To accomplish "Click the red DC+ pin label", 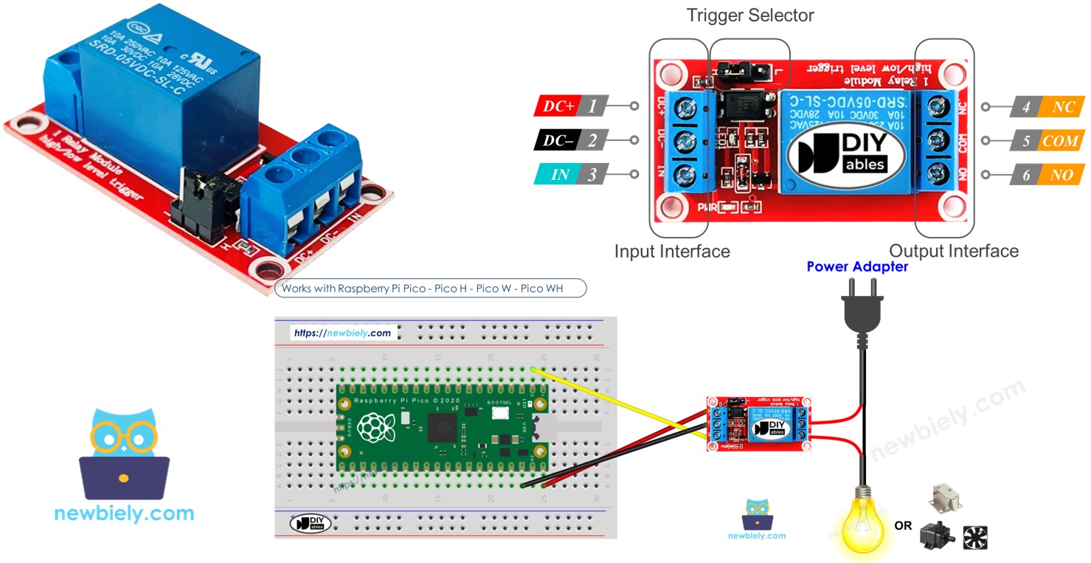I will (558, 106).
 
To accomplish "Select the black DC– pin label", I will (558, 140).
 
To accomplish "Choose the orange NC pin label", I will (1061, 107).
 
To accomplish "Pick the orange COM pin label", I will (1060, 141).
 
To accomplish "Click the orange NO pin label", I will (1061, 176).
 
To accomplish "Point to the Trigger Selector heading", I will (749, 15).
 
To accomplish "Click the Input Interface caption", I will (672, 252).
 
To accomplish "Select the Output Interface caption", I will (953, 252).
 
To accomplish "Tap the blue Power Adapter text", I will (857, 267).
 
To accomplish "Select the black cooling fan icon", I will (975, 537).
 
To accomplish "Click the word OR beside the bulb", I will (903, 526).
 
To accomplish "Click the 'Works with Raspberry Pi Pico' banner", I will (430, 289).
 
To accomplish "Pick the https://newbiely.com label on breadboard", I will (342, 334).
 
